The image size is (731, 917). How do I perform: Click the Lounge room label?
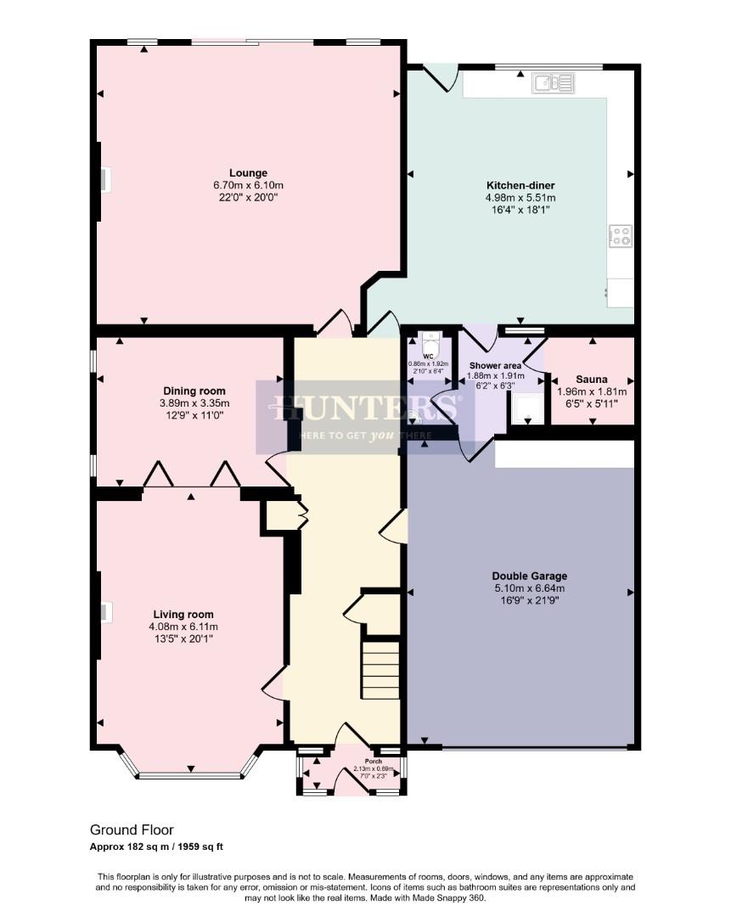(x=247, y=172)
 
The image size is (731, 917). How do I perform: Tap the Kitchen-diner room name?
(x=520, y=185)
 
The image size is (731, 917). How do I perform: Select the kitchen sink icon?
(x=554, y=82)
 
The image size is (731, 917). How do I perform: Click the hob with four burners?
(x=621, y=235)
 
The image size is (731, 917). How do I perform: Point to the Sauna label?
(x=591, y=379)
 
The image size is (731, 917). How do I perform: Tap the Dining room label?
(x=195, y=391)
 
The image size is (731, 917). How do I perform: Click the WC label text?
(x=429, y=356)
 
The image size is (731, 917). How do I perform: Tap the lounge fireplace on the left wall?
(x=104, y=180)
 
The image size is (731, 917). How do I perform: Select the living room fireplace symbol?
(x=104, y=613)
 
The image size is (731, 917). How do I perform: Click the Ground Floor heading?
(x=132, y=830)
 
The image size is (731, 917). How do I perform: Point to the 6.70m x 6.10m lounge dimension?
(x=247, y=184)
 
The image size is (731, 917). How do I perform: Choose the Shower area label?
(x=496, y=365)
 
